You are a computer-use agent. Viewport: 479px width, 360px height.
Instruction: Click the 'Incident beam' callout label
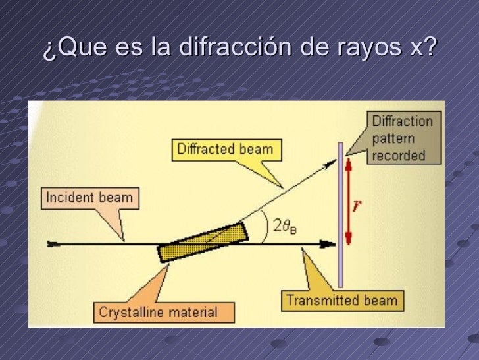89,197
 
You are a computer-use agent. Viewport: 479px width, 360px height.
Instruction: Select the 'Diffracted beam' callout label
225,148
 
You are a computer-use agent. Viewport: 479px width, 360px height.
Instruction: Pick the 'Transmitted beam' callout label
342,301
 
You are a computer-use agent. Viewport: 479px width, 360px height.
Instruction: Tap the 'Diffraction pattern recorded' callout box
403,138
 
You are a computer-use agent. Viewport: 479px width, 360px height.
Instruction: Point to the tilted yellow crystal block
203,241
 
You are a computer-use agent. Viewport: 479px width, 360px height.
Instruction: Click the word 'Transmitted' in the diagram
317,301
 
